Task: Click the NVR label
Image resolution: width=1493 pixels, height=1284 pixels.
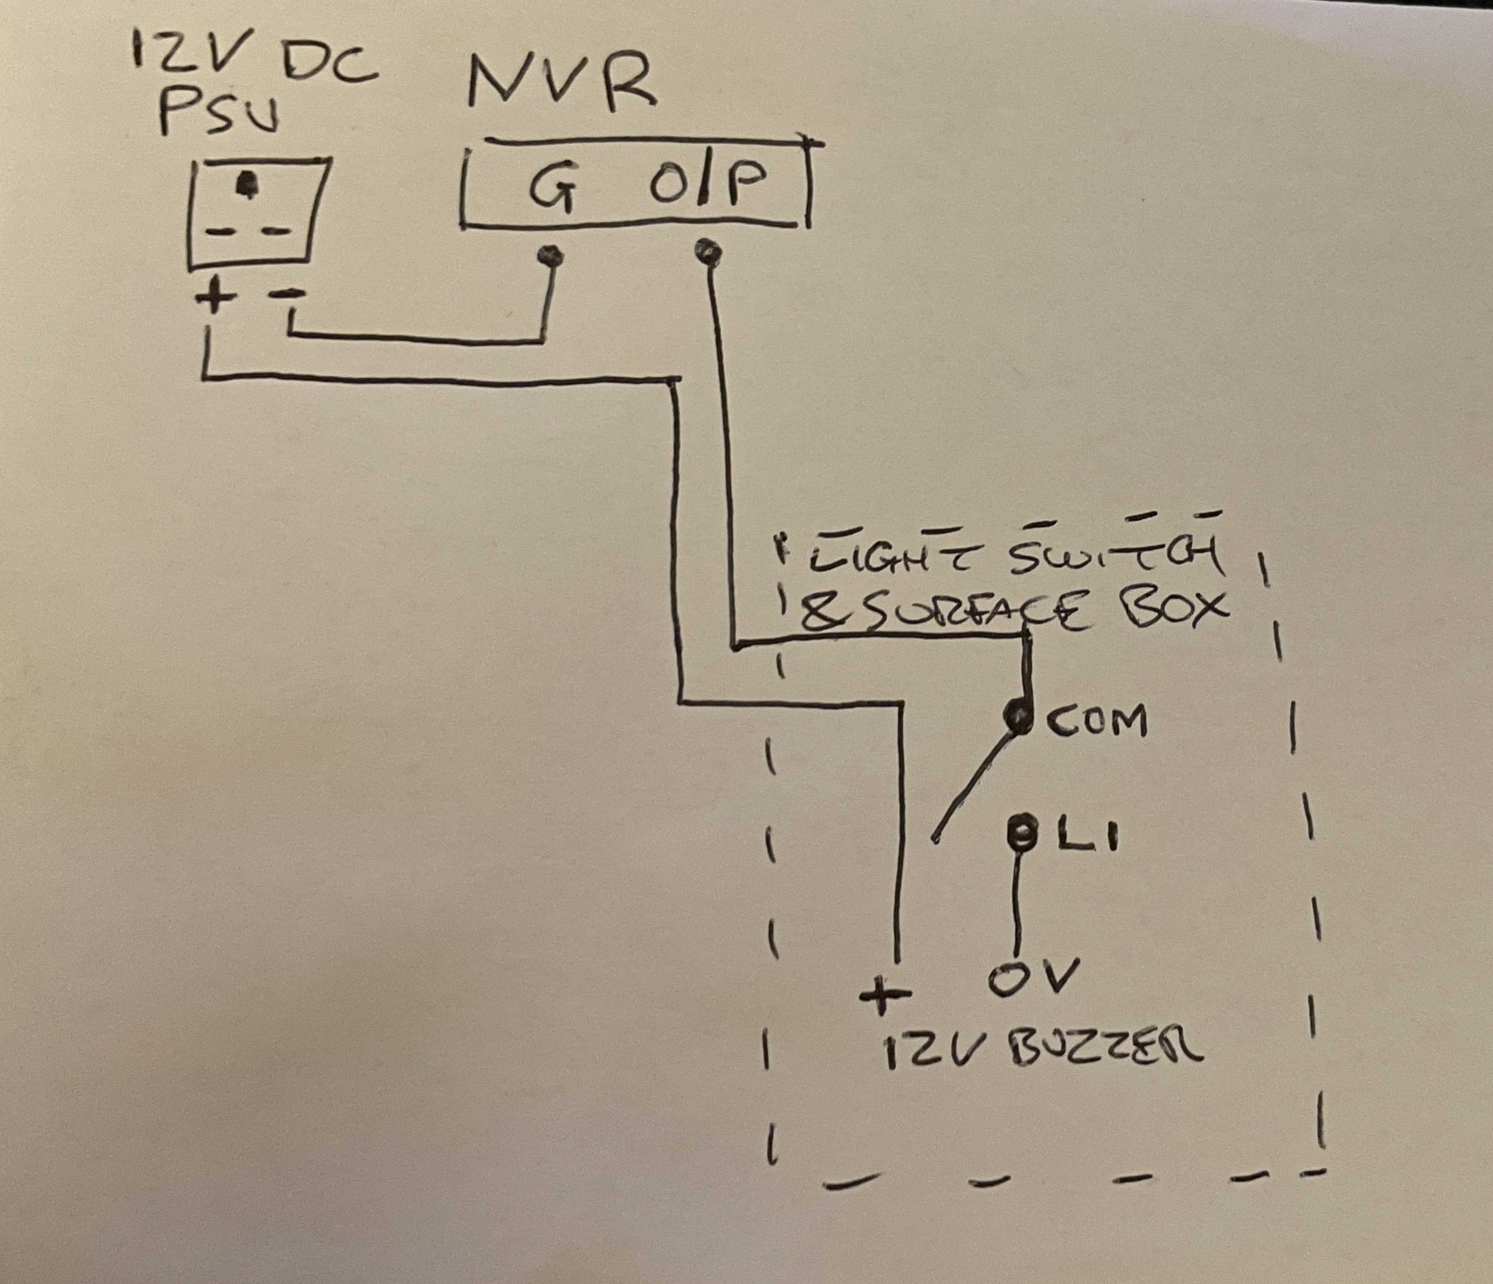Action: coord(562,85)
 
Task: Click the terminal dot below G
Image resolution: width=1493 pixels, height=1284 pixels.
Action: coord(552,255)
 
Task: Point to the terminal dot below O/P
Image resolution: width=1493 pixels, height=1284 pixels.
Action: coord(707,253)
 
